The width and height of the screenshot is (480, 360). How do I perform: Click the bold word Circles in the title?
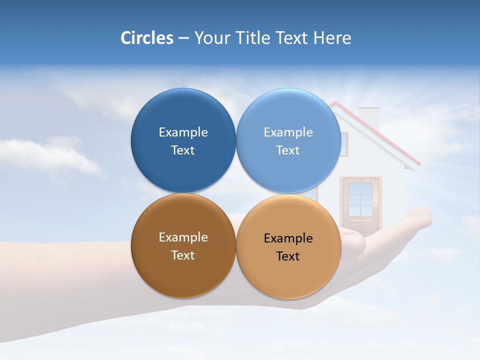146,38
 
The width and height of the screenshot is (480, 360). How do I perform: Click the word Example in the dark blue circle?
183,132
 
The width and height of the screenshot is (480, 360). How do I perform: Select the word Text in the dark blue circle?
183,150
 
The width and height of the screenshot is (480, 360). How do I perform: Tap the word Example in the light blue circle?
288,132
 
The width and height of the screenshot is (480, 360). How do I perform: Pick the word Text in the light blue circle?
288,150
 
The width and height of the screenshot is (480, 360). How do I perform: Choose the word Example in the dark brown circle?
183,237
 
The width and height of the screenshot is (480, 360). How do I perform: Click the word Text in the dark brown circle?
183,255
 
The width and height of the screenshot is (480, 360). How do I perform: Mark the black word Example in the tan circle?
288,238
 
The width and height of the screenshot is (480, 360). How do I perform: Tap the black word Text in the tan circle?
288,256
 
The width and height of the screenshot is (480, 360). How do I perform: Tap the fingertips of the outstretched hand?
422,217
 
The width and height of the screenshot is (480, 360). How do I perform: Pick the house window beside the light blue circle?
343,144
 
